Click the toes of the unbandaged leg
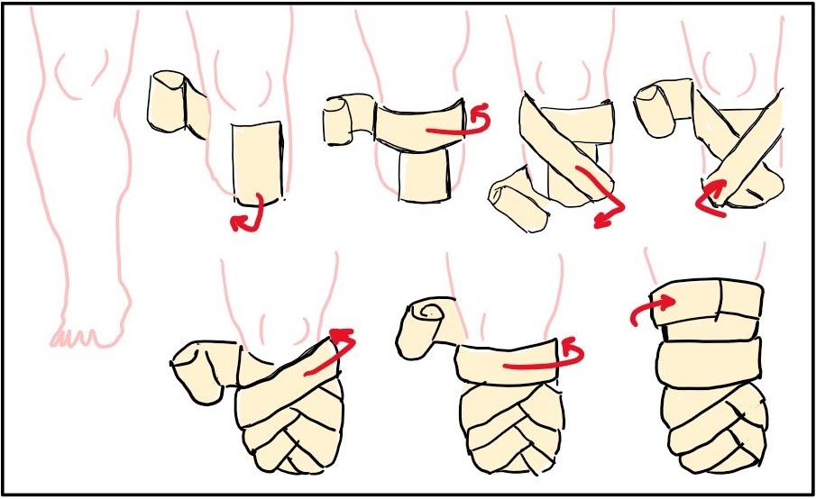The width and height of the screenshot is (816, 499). pos(77,338)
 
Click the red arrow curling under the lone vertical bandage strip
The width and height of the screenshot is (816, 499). pos(248,214)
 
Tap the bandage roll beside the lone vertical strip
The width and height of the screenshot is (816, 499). pos(177,104)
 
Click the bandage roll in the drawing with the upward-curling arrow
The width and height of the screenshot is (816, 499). pos(663,104)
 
